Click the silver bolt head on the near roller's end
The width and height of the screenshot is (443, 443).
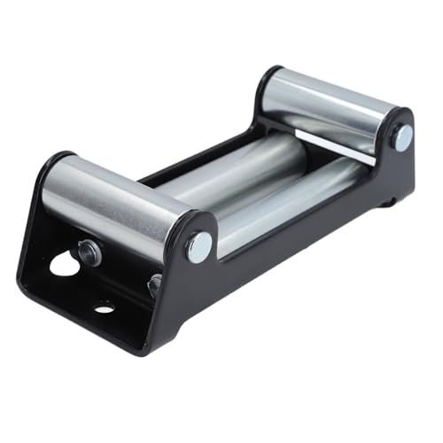pos(198,245)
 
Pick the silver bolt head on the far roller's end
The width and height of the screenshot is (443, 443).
pos(402,137)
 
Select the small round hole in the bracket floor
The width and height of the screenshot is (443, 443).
pos(105,308)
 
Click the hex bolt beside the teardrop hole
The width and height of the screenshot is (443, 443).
pos(89,253)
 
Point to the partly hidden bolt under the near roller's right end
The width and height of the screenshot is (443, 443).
pos(154,285)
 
